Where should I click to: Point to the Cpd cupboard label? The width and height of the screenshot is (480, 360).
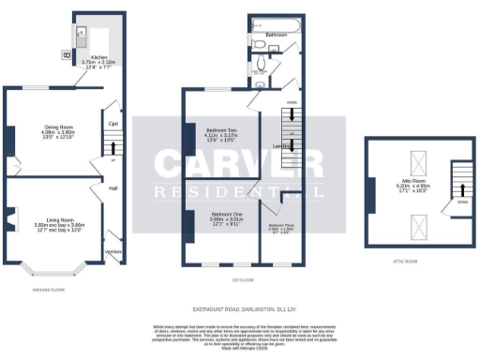pyautogui.click(x=112, y=123)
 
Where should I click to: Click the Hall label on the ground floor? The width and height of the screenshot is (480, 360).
pyautogui.click(x=112, y=188)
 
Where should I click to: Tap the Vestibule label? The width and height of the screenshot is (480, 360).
pyautogui.click(x=112, y=252)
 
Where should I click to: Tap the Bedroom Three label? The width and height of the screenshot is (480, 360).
pyautogui.click(x=282, y=225)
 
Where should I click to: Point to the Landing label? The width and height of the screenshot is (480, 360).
pyautogui.click(x=279, y=145)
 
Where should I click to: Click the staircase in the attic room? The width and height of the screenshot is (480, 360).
pyautogui.click(x=463, y=184)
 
